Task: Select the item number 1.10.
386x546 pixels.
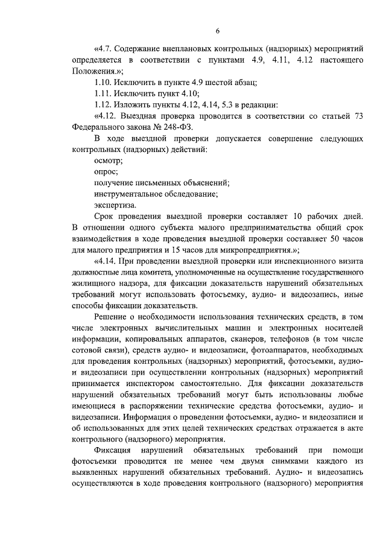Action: pos(104,82)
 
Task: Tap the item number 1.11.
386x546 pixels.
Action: pos(104,94)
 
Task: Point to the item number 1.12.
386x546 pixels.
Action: pos(104,105)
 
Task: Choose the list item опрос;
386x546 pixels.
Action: pos(106,171)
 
